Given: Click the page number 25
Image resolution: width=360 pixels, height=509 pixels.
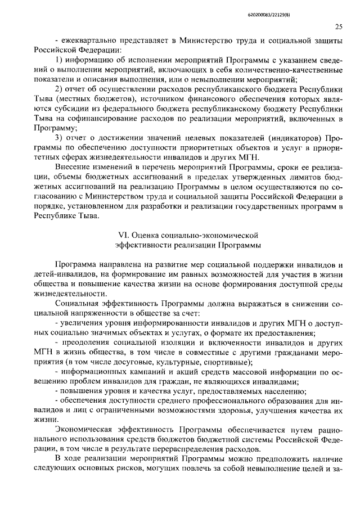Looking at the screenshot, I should pyautogui.click(x=339, y=26).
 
